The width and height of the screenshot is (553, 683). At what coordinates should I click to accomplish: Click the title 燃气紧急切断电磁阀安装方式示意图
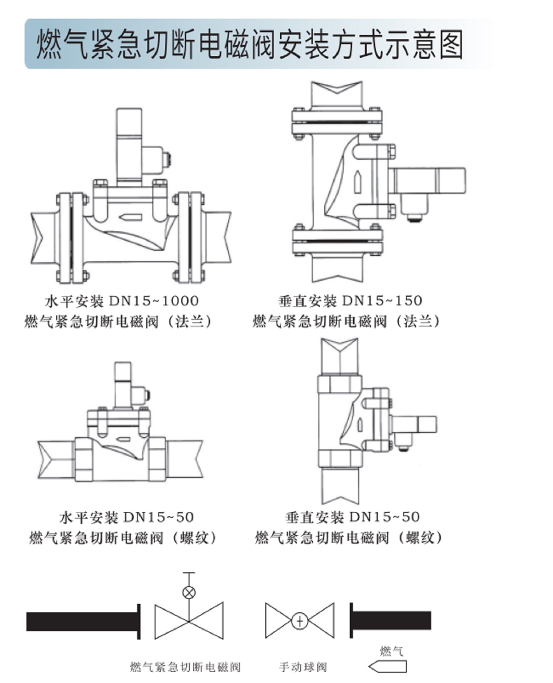[x=250, y=45]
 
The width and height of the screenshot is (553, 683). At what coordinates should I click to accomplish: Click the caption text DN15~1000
[x=154, y=301]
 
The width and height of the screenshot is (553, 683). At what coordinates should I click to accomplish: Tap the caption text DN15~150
[x=382, y=300]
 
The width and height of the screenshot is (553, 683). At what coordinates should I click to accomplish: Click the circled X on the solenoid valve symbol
[x=189, y=592]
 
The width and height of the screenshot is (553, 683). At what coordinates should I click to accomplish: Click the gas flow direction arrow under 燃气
[x=388, y=666]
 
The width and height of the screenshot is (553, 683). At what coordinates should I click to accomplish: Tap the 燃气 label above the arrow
[x=391, y=651]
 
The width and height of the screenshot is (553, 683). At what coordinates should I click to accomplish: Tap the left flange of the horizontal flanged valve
[x=71, y=238]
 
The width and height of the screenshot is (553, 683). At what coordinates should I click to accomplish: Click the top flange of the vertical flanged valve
[x=337, y=122]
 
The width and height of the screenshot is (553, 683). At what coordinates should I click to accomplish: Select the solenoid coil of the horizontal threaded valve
[x=123, y=384]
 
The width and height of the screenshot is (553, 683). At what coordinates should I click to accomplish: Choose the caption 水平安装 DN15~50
[x=127, y=517]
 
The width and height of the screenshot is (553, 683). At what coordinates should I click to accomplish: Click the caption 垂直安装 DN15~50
[x=353, y=517]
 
